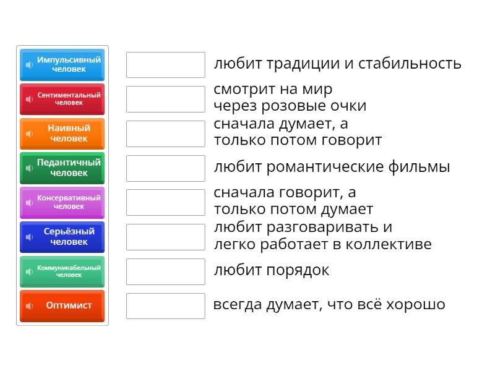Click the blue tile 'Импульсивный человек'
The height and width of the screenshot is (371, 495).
[62, 65]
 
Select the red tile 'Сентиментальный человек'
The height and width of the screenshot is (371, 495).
[62, 99]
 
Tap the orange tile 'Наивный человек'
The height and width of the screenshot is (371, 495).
[62, 134]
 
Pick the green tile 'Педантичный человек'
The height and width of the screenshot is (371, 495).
[62, 168]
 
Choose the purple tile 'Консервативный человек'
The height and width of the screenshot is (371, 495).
[62, 202]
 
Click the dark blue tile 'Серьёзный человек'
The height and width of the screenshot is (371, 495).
[62, 237]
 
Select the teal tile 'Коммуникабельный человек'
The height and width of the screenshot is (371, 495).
[62, 271]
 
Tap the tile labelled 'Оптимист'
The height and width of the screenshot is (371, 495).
[62, 305]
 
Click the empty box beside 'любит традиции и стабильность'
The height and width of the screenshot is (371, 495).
[165, 65]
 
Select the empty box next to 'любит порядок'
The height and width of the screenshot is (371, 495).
[165, 271]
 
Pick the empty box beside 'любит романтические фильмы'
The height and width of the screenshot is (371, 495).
[165, 168]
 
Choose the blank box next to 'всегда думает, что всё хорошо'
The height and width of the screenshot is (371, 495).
[165, 305]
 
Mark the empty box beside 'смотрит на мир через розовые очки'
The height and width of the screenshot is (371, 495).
[165, 99]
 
